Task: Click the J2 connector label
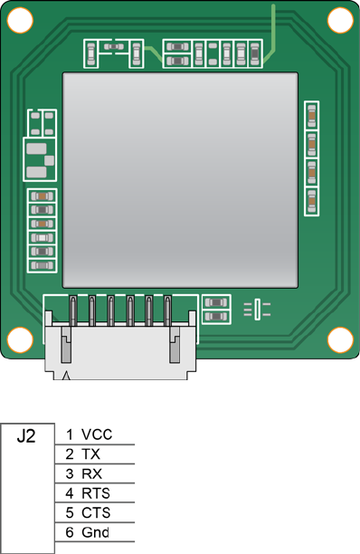coord(26,436)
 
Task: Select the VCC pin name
coord(97,435)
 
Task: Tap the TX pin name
coord(90,454)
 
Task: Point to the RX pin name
coord(91,473)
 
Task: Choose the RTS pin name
coord(96,493)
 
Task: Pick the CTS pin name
coord(96,512)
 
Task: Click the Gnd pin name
coord(95,532)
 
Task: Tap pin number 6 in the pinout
coord(70,532)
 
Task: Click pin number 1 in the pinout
coord(70,435)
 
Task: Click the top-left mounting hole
coord(20,20)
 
